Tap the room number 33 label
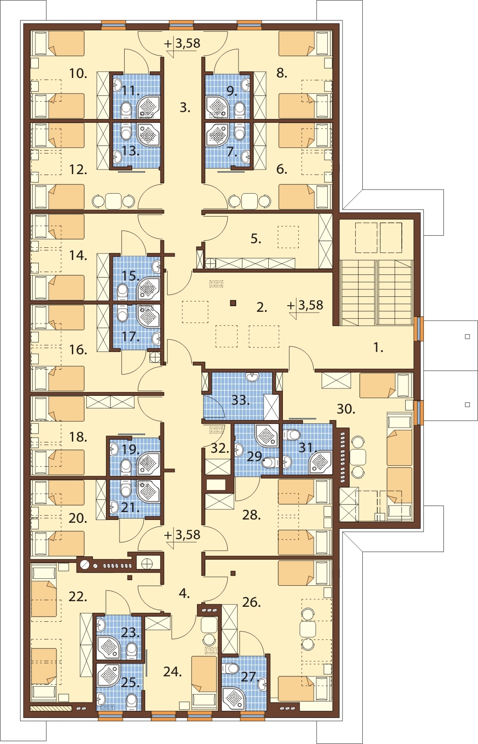click(240, 400)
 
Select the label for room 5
click(256, 239)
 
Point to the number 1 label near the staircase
click(379, 348)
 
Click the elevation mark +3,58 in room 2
click(306, 305)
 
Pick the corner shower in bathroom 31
click(320, 461)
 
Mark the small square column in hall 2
click(233, 303)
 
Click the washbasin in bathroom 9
click(246, 84)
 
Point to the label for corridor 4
click(184, 593)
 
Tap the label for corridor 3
click(185, 108)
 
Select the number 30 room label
click(346, 409)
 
